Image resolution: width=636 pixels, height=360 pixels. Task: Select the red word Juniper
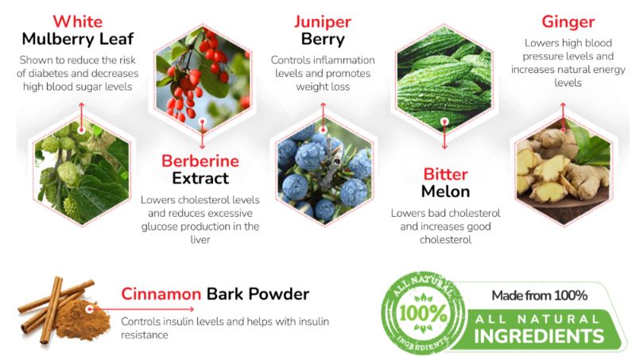click(x=322, y=21)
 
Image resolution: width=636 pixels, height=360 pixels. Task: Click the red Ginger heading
click(x=568, y=21)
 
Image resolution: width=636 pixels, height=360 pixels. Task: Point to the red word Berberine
click(x=200, y=161)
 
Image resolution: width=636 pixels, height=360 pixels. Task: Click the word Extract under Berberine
click(x=200, y=178)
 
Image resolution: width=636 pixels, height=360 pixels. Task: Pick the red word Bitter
click(x=446, y=174)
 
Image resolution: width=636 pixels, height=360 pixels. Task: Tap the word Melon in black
click(x=446, y=192)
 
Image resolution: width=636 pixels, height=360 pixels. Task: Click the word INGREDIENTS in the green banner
click(x=539, y=335)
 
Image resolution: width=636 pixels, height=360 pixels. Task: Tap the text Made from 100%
click(x=539, y=296)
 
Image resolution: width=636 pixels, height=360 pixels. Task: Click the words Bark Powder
click(x=258, y=294)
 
